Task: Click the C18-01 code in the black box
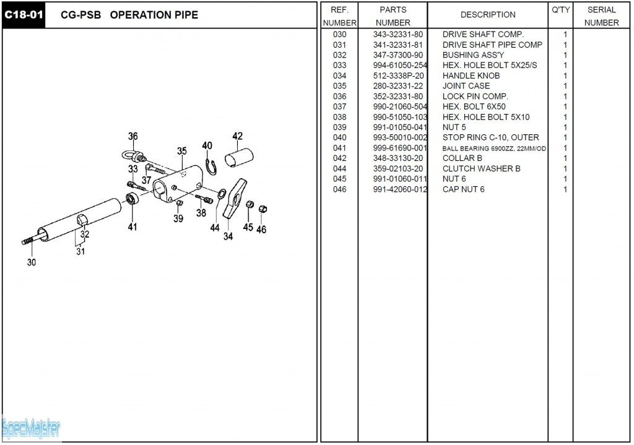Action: click(x=24, y=15)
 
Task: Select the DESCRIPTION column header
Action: click(x=488, y=15)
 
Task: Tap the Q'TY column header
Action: click(x=560, y=10)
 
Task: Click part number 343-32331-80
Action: click(x=397, y=35)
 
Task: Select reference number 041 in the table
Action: click(x=339, y=148)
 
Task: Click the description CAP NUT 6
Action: click(x=463, y=189)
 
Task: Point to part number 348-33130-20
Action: click(x=397, y=158)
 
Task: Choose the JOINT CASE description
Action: click(x=466, y=86)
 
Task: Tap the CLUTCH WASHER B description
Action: click(x=481, y=168)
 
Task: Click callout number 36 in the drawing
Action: click(x=133, y=137)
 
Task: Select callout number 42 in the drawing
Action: click(x=238, y=137)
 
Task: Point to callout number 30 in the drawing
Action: click(x=31, y=262)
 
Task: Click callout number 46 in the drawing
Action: click(x=261, y=230)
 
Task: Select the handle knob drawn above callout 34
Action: click(x=233, y=197)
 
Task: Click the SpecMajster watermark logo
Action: click(x=31, y=428)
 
